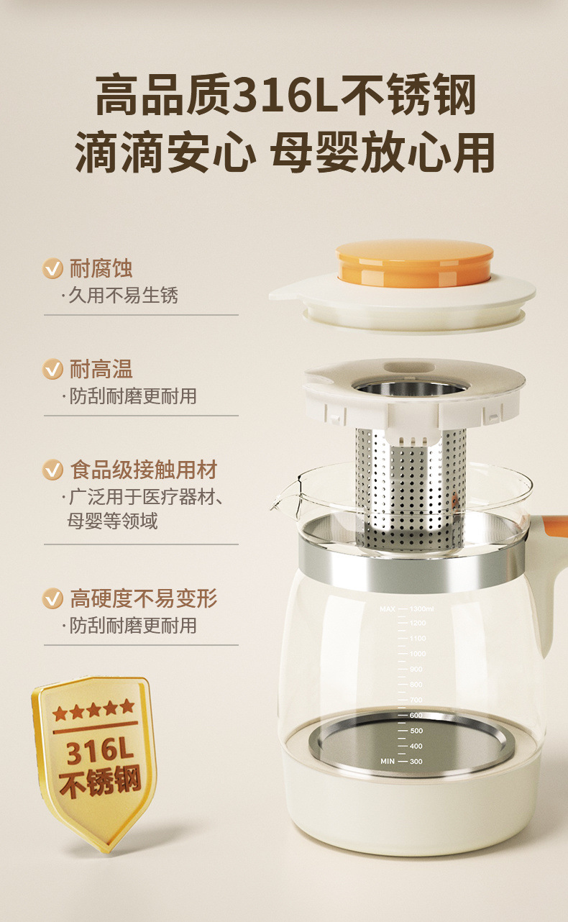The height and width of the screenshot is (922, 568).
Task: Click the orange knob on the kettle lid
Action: (x=414, y=263)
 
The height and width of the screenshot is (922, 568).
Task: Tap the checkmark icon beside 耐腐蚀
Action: (x=52, y=268)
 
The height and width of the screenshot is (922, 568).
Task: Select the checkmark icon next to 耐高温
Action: (x=52, y=369)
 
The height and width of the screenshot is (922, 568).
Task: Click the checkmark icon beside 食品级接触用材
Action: (x=52, y=470)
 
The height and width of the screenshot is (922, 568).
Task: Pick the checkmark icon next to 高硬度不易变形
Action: (x=52, y=598)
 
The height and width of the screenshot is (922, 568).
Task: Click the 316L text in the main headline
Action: (x=285, y=95)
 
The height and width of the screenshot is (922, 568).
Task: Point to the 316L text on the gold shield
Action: (x=100, y=751)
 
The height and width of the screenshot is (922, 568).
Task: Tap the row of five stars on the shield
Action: (x=94, y=710)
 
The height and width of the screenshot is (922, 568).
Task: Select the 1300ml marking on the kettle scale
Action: (x=421, y=608)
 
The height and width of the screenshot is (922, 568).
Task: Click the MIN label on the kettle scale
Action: (x=388, y=762)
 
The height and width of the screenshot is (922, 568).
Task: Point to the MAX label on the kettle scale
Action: (x=388, y=608)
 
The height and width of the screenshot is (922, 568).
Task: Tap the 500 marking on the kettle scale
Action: (x=416, y=731)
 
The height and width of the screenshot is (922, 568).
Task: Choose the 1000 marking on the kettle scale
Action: (x=417, y=654)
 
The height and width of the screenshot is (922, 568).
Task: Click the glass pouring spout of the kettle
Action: (x=285, y=496)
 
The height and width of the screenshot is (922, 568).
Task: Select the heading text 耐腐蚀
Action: (x=101, y=268)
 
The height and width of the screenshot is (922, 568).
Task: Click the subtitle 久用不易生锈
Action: (x=123, y=296)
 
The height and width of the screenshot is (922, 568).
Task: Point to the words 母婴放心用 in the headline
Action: (x=383, y=152)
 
